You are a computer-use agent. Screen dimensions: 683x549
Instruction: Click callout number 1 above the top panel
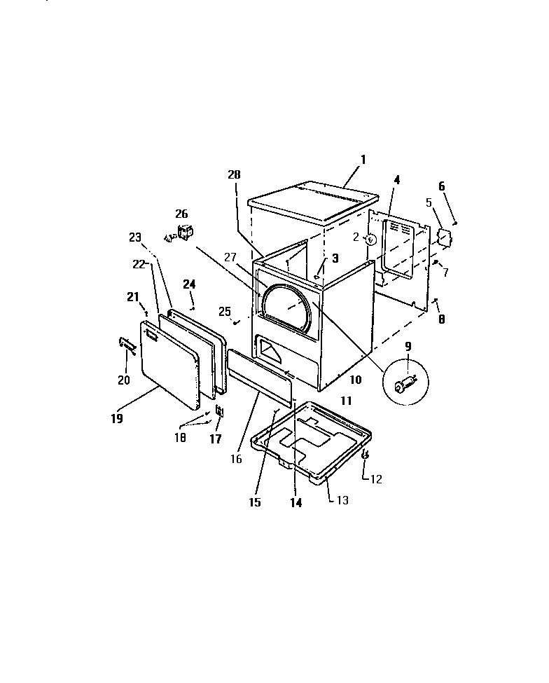pos(363,159)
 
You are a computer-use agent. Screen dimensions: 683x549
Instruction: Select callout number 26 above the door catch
pos(181,214)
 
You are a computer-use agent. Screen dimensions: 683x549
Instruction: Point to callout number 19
pos(116,419)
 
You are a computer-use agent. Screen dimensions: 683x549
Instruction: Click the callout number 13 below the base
pos(342,500)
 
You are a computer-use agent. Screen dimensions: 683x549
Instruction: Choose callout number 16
pos(235,459)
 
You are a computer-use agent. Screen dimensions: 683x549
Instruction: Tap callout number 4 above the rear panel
pos(396,179)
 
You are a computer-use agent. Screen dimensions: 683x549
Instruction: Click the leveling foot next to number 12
pos(365,455)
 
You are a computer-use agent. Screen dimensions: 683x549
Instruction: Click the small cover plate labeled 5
pos(443,236)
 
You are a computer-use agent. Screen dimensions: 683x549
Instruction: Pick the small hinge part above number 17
pos(220,411)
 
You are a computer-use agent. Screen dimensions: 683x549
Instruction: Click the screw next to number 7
pos(436,263)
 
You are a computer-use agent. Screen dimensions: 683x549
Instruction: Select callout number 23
pos(137,237)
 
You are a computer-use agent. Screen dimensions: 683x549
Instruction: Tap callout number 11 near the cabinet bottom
pos(346,401)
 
